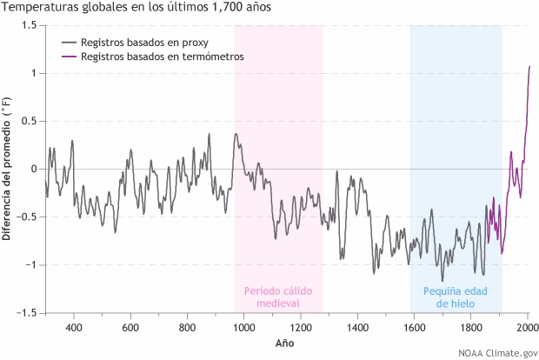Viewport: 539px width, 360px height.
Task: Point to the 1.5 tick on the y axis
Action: pos(29,25)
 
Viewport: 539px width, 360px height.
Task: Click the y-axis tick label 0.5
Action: pos(29,121)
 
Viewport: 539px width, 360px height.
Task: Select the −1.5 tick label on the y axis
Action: pos(25,312)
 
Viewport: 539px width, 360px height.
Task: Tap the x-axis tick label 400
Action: pos(74,328)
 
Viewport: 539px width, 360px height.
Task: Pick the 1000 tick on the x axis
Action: pos(243,328)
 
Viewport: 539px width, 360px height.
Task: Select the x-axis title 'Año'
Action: pos(285,344)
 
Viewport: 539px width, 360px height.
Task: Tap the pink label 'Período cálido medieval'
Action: pos(277,297)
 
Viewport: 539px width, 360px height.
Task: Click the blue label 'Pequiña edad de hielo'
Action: pos(456,297)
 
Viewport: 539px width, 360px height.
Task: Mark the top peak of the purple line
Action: pos(529,66)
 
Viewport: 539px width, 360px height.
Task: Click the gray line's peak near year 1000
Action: pos(236,134)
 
